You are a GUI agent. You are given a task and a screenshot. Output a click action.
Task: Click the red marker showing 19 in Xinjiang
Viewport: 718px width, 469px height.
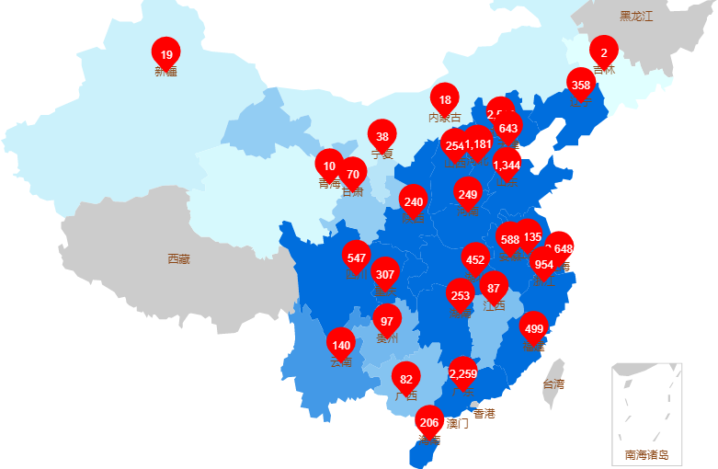click(165, 55)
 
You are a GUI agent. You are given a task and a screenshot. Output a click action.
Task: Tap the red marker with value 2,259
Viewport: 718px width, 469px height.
click(463, 373)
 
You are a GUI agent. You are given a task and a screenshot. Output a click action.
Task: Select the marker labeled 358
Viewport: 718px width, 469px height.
click(581, 86)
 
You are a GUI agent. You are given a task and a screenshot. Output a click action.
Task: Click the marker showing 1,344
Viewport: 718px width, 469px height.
click(507, 166)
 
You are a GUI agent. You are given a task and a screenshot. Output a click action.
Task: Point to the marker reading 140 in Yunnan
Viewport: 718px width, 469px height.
click(341, 346)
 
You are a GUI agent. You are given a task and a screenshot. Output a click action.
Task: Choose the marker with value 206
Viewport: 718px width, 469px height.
click(428, 423)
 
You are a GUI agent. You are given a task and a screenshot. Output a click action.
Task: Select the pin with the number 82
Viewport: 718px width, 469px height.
click(406, 379)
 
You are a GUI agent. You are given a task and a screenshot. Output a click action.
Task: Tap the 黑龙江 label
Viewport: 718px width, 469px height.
click(635, 16)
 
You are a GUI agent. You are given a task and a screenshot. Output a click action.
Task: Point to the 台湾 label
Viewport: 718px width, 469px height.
click(553, 384)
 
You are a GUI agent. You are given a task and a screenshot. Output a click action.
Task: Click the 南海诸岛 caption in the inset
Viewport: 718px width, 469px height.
click(646, 454)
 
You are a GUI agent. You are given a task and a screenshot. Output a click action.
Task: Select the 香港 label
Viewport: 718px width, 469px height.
click(484, 414)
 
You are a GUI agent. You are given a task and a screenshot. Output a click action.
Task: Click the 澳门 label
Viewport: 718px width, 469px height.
click(458, 424)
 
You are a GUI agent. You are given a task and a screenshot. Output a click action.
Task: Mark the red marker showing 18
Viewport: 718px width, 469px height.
click(445, 100)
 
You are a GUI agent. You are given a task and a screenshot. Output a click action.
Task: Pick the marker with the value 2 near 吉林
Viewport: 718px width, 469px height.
click(604, 52)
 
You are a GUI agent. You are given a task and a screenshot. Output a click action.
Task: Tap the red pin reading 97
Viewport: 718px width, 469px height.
click(387, 322)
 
